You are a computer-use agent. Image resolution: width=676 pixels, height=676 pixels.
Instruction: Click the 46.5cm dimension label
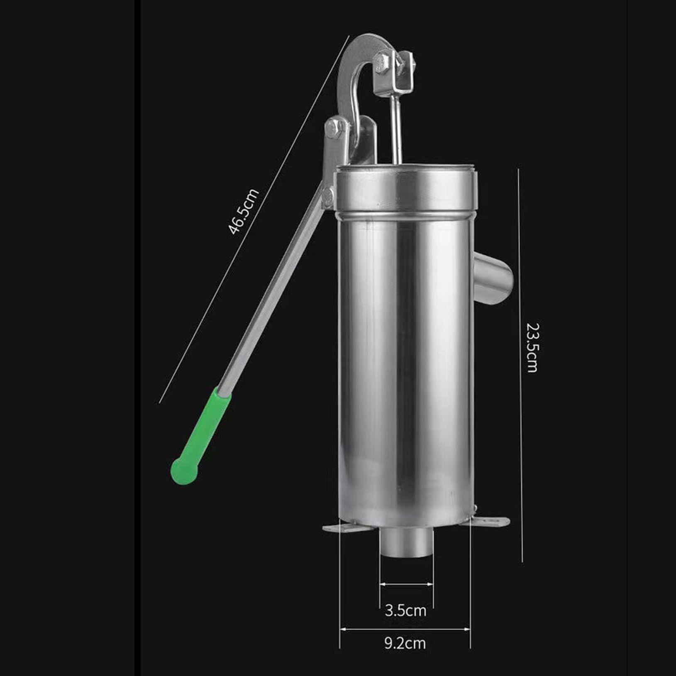[244, 212]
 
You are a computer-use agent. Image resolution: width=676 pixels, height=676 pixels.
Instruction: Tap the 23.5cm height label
[532, 347]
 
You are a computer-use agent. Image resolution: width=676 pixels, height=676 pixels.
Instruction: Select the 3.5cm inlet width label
[405, 610]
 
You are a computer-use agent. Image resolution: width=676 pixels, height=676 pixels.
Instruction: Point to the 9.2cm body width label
[405, 643]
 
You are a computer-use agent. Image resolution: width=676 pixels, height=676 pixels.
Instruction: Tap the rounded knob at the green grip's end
[183, 471]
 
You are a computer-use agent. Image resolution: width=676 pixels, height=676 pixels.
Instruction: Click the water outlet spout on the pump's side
[493, 279]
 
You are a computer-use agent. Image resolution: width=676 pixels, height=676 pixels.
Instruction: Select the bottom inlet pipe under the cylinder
[406, 542]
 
